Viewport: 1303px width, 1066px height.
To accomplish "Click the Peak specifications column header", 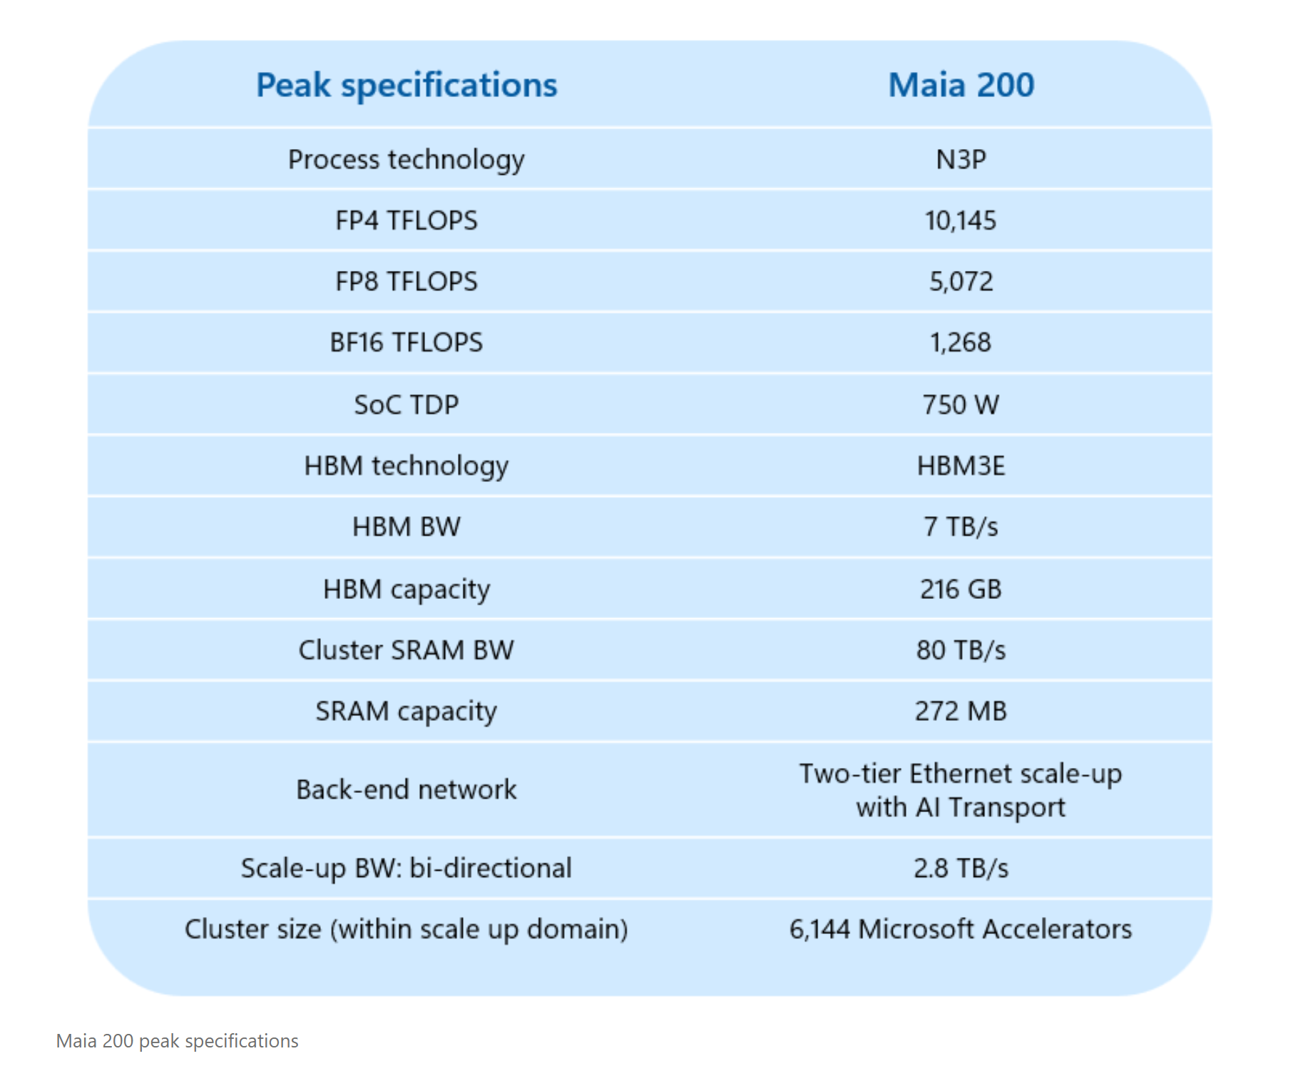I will [407, 85].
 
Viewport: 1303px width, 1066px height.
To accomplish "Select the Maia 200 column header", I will [961, 85].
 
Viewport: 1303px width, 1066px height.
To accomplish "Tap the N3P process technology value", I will [961, 159].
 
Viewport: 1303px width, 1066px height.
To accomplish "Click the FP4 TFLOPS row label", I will [407, 220].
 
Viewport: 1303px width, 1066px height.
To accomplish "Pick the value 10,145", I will [961, 220].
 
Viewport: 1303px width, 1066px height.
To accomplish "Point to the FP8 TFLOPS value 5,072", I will [961, 282].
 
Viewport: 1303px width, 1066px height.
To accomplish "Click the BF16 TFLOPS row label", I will [407, 342].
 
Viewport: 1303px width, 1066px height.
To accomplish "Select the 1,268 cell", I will [961, 342].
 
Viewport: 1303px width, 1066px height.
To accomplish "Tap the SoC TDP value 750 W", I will [961, 404].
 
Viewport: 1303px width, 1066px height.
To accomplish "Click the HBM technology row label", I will [407, 466].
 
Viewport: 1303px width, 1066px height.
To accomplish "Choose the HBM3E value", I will [961, 466].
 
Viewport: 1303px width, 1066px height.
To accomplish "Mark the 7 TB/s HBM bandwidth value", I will [961, 527].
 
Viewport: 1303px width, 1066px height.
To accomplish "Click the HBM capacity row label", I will [407, 589].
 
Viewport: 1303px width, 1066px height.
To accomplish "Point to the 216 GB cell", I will [961, 589].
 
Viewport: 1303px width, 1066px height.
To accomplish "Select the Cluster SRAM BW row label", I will [407, 650].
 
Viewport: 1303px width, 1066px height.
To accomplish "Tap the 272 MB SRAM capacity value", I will [961, 711].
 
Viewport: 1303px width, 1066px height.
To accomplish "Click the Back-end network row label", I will [407, 789].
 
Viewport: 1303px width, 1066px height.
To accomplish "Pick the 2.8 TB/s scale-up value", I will [961, 868].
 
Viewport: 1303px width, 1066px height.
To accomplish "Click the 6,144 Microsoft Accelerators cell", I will [961, 929].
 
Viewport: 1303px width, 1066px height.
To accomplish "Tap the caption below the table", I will [178, 1041].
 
